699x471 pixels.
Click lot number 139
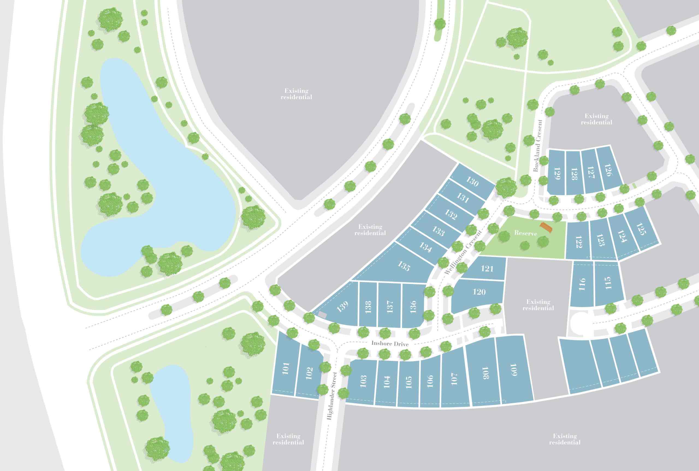[x=342, y=306]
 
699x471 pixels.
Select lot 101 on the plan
[x=286, y=369]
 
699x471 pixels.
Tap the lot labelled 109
[x=513, y=370]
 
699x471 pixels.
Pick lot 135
[x=403, y=266]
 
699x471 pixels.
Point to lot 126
[x=608, y=170]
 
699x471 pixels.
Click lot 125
[x=641, y=229]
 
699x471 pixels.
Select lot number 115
[x=608, y=283]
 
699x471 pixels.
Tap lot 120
[x=479, y=292]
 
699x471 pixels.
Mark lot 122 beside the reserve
[x=579, y=242]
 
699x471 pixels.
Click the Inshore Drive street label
[x=390, y=343]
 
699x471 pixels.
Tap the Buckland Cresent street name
[x=538, y=146]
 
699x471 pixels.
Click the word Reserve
[x=525, y=233]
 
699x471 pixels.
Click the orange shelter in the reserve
[x=546, y=227]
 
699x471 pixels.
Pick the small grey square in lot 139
[x=322, y=315]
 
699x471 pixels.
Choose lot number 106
[x=430, y=381]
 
